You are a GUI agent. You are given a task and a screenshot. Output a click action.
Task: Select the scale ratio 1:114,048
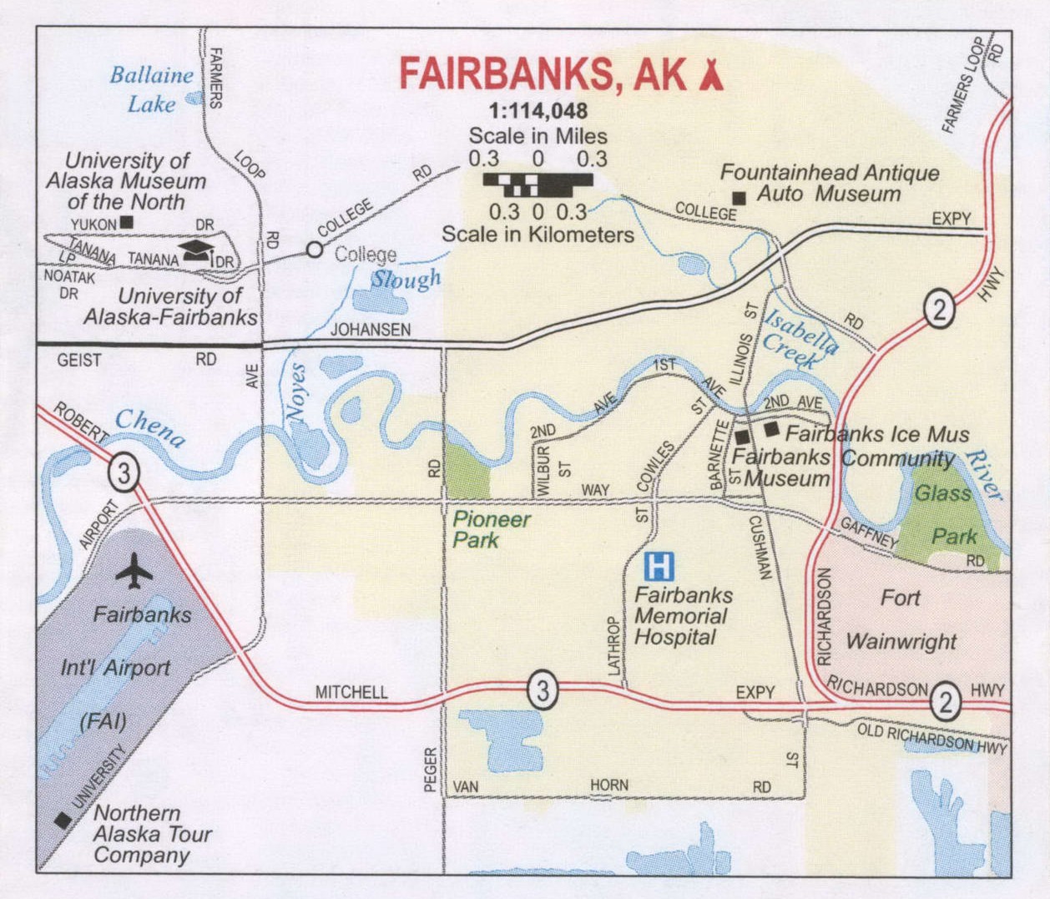tap(538, 111)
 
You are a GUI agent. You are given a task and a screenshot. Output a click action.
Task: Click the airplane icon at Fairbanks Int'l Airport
tap(134, 571)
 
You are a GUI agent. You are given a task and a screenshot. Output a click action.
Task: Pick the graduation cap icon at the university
tap(196, 250)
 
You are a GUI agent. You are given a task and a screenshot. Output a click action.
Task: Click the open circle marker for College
tap(314, 249)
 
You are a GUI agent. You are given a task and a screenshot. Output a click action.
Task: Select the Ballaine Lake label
tap(151, 88)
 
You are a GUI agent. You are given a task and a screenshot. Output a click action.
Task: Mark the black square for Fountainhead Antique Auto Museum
tap(739, 198)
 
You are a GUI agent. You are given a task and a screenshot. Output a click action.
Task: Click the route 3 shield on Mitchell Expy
tap(543, 690)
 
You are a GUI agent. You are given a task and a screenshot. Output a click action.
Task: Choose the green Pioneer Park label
tap(491, 529)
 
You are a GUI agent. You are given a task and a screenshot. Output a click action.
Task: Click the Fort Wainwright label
tap(901, 619)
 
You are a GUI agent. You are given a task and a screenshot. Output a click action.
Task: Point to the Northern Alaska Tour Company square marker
tap(63, 821)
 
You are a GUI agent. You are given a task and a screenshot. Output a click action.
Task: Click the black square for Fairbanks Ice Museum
tap(771, 428)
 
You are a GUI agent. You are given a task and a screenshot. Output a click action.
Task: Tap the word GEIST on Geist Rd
tap(79, 361)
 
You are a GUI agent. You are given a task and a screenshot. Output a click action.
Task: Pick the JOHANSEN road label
tap(371, 330)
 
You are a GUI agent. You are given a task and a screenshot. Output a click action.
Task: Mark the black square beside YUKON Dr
tap(127, 222)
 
